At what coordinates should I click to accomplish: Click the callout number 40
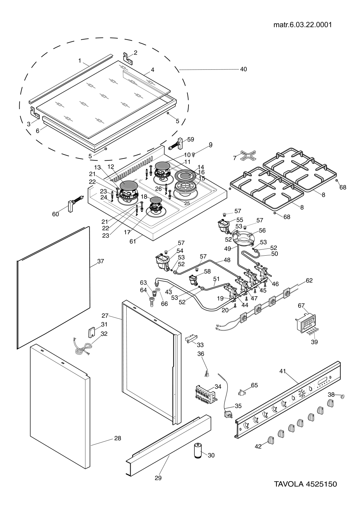point(243,69)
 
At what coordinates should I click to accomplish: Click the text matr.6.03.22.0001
point(302,25)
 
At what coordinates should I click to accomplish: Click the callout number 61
point(133,241)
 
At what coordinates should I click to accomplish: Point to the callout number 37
point(100,261)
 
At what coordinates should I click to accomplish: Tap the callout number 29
point(158,478)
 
